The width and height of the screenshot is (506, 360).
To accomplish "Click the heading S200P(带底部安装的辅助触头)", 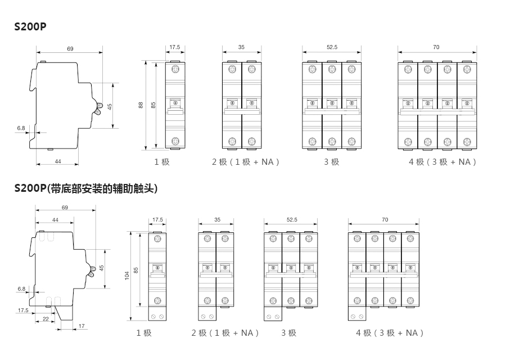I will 86,189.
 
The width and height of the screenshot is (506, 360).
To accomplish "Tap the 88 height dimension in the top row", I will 141,105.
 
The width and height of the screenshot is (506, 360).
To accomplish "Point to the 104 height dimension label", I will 127,275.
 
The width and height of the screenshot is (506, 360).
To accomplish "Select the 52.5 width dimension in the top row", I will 332,47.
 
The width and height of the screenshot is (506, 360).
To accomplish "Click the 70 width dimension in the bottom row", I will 385,219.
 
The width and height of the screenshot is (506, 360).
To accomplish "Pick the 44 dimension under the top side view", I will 58,161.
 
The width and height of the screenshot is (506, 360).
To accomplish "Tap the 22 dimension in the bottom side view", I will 46,319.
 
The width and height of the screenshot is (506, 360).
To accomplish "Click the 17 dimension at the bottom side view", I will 82,326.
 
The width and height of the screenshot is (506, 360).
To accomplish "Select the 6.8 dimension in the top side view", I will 21,128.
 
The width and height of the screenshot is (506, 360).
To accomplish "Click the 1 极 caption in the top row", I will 162,162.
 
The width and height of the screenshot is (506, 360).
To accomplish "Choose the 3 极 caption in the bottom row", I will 289,333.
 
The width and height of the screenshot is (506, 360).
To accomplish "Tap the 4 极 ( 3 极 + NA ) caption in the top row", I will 443,162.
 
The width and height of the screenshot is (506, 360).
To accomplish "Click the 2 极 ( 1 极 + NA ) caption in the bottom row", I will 225,333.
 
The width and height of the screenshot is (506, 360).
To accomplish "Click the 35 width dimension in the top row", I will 241,47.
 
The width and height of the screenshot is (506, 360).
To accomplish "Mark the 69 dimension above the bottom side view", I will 65,208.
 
